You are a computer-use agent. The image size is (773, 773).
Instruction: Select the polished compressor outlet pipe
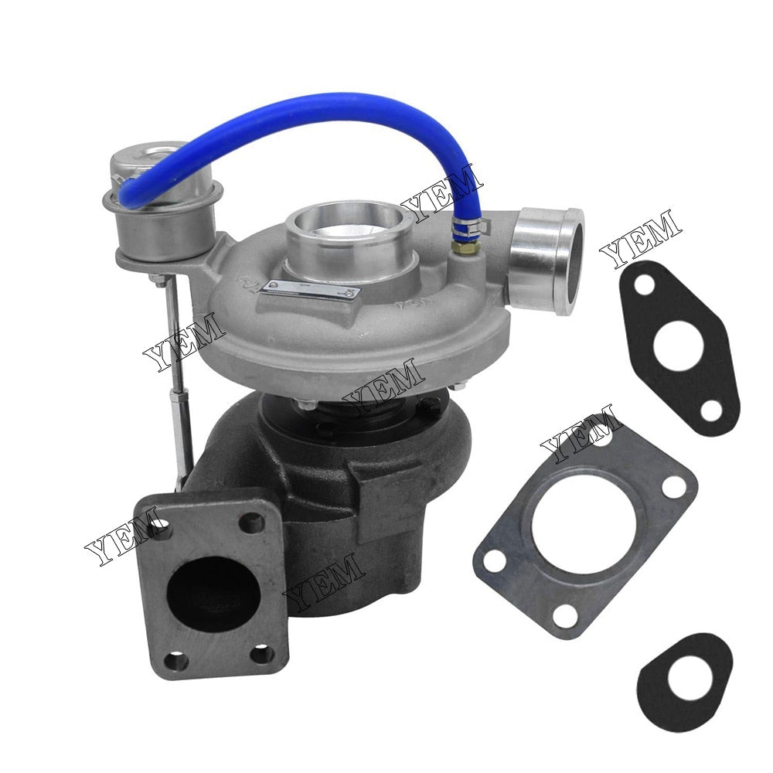coord(550,258)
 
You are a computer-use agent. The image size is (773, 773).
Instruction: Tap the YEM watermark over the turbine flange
coord(124,537)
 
